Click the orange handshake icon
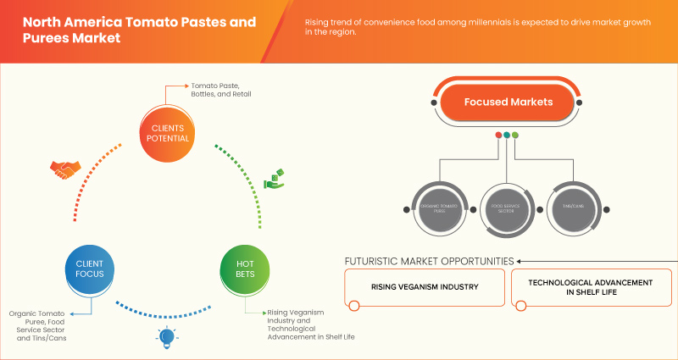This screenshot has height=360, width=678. point(64,169)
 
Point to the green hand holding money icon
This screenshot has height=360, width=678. point(273,179)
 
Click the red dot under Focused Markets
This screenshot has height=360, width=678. point(497,135)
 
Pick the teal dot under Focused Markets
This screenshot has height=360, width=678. point(506,135)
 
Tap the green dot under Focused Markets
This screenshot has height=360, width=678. point(514,135)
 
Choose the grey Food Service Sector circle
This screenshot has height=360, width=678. point(505,204)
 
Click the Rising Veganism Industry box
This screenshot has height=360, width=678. point(424,286)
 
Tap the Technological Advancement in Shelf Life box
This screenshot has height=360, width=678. point(590,286)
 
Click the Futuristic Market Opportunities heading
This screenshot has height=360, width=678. point(429,261)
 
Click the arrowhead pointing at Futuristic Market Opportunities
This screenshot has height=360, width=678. point(519,261)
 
